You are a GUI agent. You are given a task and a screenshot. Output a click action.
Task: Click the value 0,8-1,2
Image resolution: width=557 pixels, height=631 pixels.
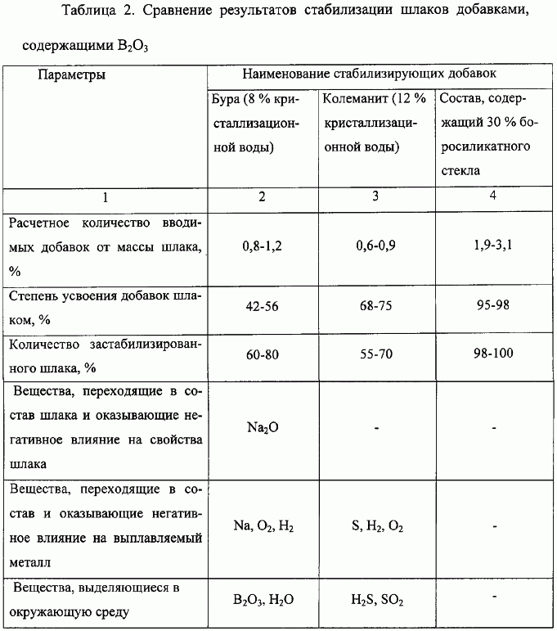[x=260, y=245]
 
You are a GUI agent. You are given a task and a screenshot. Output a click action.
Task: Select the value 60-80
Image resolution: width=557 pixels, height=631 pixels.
[x=260, y=356]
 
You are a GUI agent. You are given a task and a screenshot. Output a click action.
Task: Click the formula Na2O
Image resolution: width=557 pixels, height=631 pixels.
[x=260, y=428]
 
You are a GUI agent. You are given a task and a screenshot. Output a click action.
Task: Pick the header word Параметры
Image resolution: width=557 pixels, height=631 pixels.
[x=70, y=75]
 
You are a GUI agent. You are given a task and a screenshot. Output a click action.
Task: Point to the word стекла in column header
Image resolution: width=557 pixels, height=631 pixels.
[x=458, y=172]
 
